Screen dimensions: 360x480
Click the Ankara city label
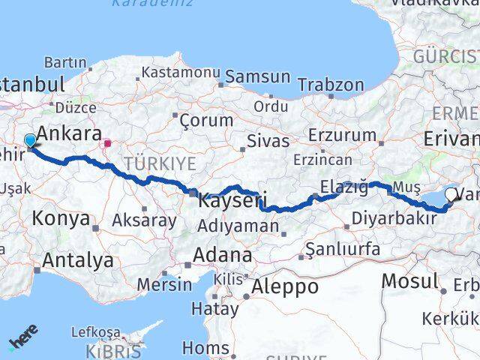(69, 133)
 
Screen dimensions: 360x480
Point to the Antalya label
(78, 261)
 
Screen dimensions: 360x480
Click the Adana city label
(222, 255)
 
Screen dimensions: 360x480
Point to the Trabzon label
(330, 85)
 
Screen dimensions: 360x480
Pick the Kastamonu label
(178, 73)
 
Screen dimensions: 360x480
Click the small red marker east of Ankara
(108, 142)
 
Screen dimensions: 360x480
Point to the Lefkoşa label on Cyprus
(95, 331)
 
